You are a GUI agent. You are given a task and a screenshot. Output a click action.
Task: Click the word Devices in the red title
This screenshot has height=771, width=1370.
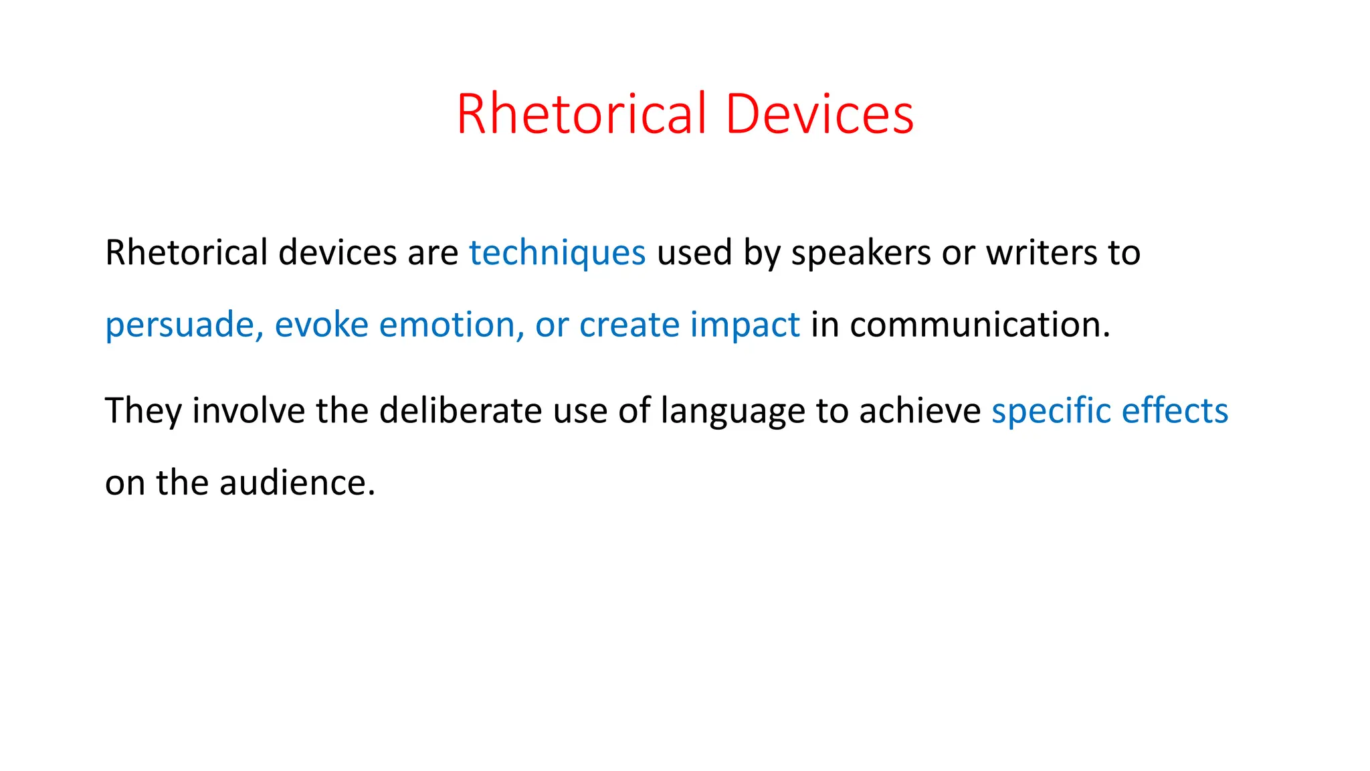tap(819, 114)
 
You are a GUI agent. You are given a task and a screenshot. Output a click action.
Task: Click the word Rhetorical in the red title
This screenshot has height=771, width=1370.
tap(581, 114)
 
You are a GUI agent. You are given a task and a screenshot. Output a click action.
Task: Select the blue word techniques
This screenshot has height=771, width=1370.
tap(557, 254)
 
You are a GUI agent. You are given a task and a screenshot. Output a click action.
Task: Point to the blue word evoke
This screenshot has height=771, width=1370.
tap(321, 325)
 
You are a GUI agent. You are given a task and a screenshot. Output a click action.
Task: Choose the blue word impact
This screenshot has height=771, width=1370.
tap(745, 326)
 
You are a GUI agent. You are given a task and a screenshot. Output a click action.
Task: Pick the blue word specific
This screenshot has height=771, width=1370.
tap(1050, 411)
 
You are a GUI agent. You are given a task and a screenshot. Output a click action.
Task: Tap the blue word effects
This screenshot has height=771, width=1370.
tap(1175, 411)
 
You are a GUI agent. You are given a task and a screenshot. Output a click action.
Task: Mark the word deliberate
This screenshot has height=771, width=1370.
tap(461, 411)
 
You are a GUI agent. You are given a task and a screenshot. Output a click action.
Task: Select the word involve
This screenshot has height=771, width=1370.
tap(249, 411)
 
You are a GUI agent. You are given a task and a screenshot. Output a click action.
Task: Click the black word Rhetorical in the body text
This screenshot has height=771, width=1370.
tap(186, 254)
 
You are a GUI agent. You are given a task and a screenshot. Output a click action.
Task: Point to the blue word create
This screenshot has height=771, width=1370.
tap(629, 325)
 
